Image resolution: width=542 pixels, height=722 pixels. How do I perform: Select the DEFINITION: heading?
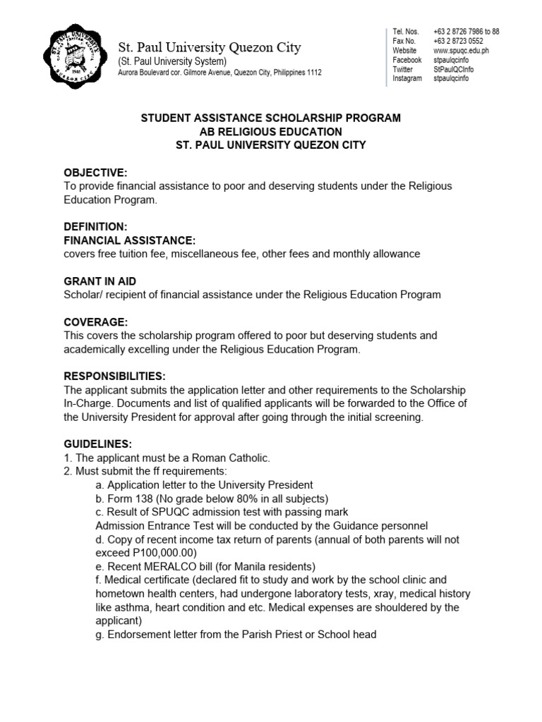tap(95, 226)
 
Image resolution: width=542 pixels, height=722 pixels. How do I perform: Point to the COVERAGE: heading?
tap(96, 322)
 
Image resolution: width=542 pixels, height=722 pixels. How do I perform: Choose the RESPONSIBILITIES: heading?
tap(114, 376)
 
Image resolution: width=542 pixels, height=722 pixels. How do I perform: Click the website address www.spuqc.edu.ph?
tap(461, 51)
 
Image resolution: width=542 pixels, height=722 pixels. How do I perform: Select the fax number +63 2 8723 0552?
tap(458, 42)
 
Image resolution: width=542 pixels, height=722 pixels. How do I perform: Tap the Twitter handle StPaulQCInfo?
tap(454, 69)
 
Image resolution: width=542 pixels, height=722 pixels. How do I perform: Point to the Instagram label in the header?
tap(407, 78)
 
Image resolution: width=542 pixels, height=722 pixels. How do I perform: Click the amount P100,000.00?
tap(161, 552)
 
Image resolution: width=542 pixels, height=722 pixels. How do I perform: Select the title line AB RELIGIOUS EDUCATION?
tap(271, 132)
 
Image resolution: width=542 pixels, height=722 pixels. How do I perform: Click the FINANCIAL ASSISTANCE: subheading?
tap(129, 240)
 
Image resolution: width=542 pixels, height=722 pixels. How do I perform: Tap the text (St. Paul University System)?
tap(171, 62)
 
